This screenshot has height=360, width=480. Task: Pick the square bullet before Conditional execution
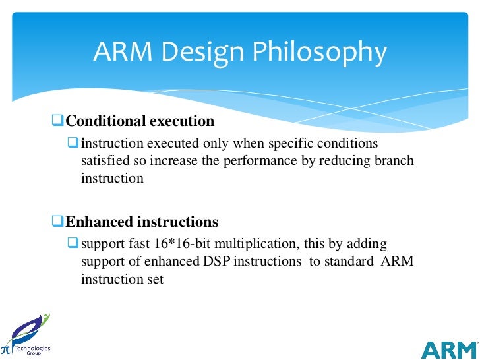point(58,121)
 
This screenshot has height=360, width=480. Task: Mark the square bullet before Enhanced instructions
point(58,222)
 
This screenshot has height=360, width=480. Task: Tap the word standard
point(348,261)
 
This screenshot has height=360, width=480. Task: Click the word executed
point(169,144)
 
